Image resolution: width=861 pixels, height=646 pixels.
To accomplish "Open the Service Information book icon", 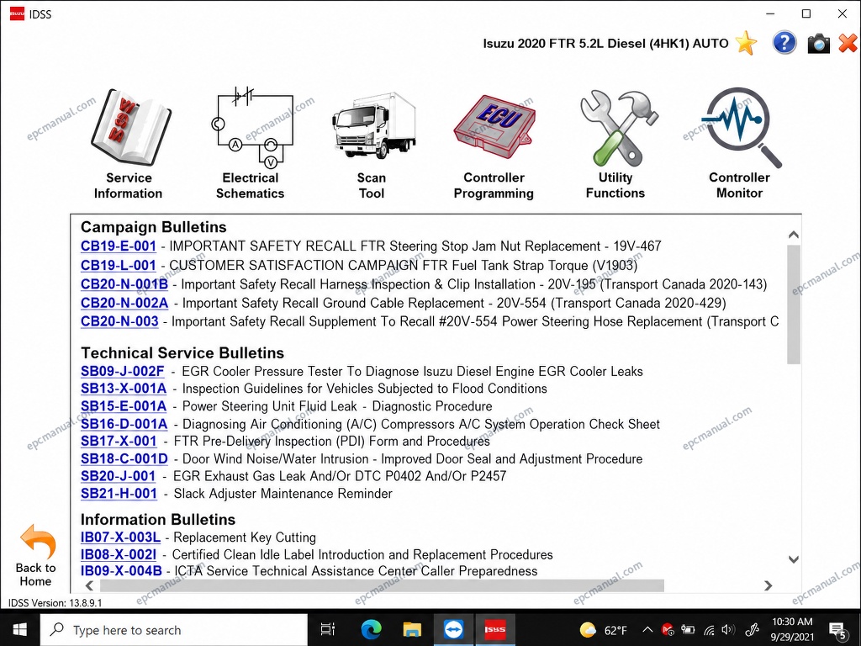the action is (130, 128).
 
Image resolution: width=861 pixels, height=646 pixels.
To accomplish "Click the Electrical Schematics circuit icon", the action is (252, 126).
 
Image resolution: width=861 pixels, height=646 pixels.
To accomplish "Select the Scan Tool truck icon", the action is (373, 125).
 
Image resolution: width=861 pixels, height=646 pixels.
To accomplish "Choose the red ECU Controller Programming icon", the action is (494, 127).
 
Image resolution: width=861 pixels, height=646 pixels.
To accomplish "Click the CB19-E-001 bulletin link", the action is (119, 246).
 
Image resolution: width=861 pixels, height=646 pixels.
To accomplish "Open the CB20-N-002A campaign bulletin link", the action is (124, 303).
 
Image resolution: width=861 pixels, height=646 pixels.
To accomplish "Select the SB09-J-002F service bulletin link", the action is (123, 371).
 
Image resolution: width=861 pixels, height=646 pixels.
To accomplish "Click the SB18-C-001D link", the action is (124, 458).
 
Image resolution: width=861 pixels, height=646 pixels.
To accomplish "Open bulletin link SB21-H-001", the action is (119, 493).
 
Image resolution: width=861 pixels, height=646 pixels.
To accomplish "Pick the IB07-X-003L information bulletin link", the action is (121, 537).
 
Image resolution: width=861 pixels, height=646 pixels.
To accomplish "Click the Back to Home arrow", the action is (37, 542).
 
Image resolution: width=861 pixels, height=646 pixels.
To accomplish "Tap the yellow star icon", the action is (747, 43).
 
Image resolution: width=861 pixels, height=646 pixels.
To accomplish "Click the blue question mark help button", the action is (784, 43).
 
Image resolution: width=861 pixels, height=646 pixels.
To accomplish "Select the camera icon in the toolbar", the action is (818, 44).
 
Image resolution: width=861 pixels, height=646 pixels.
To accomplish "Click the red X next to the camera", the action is (848, 44).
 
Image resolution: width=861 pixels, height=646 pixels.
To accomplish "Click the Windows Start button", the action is (20, 629).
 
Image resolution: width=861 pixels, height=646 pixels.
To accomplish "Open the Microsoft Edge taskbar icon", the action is (371, 629).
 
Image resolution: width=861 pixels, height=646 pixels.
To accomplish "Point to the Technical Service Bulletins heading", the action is (182, 352).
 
